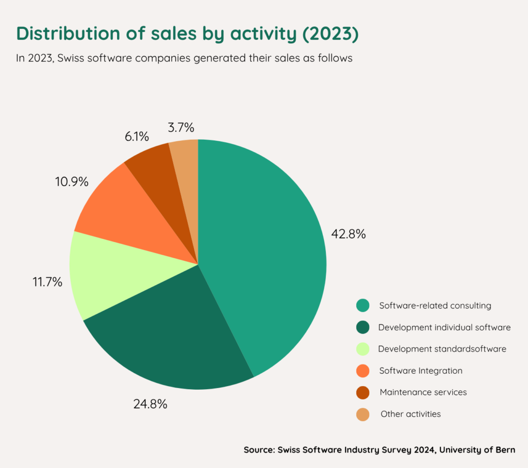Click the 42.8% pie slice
pyautogui.click(x=263, y=247)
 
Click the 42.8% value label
pyautogui.click(x=349, y=233)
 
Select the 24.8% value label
pyautogui.click(x=150, y=404)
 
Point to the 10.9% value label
pyautogui.click(x=72, y=181)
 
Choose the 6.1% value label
pyautogui.click(x=137, y=137)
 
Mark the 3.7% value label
pyautogui.click(x=181, y=127)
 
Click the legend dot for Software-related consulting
pyautogui.click(x=363, y=306)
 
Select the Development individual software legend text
pyautogui.click(x=444, y=327)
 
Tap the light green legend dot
pyautogui.click(x=363, y=349)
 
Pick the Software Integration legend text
pyautogui.click(x=420, y=371)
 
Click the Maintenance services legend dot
pyautogui.click(x=363, y=392)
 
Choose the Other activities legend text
pyautogui.click(x=410, y=414)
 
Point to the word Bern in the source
pyautogui.click(x=504, y=449)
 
